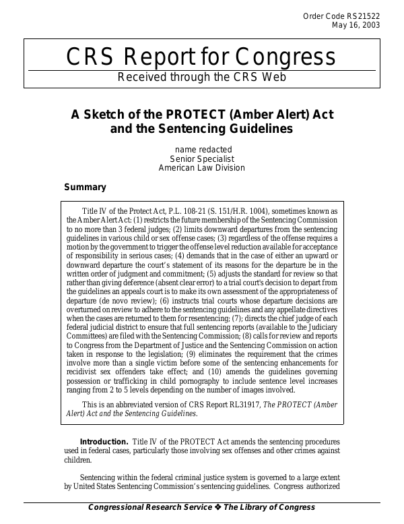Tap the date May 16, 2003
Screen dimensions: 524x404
click(x=356, y=26)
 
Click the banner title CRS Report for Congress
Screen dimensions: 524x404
click(x=201, y=57)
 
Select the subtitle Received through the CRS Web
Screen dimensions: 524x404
click(x=202, y=77)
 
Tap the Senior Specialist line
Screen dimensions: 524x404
click(x=202, y=158)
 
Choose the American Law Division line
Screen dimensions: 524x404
click(x=202, y=168)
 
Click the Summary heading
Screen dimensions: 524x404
click(x=85, y=187)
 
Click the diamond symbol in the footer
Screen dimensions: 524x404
click(x=217, y=507)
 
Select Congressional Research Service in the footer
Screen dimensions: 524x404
click(x=149, y=507)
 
